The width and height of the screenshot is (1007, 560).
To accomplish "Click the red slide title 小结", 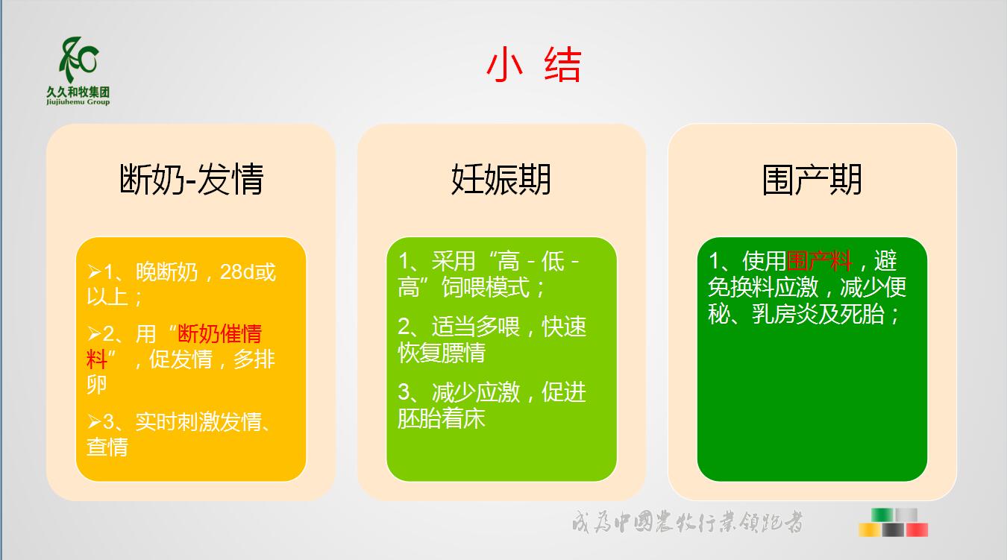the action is click(533, 65).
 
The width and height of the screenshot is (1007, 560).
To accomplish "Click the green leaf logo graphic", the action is click(79, 60).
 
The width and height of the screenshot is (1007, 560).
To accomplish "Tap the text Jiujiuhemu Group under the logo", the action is click(78, 102).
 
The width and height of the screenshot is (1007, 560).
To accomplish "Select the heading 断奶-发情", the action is click(192, 179).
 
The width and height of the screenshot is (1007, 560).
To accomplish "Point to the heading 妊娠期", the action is click(501, 179).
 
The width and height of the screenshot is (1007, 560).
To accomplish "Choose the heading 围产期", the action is click(812, 179).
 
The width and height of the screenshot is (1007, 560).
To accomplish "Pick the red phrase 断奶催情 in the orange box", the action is click(219, 334).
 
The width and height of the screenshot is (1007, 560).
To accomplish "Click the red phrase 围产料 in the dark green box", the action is click(819, 261).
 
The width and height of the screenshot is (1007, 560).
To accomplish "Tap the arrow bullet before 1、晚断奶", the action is click(94, 272).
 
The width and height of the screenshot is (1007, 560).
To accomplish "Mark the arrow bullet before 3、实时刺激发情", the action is click(94, 421).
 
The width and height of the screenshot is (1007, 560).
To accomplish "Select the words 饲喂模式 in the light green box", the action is click(486, 287).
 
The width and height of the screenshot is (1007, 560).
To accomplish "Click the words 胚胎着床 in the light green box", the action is click(442, 418).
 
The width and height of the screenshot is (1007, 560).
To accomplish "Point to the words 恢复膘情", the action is click(442, 353).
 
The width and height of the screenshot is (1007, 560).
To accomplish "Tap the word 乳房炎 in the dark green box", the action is click(785, 314).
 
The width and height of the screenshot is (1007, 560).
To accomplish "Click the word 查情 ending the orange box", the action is click(107, 447).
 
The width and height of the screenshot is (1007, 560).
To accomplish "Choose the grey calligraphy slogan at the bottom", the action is click(687, 522).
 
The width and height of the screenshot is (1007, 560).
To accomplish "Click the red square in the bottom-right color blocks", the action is click(917, 530).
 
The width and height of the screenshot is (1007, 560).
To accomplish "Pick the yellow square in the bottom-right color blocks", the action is click(870, 530).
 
